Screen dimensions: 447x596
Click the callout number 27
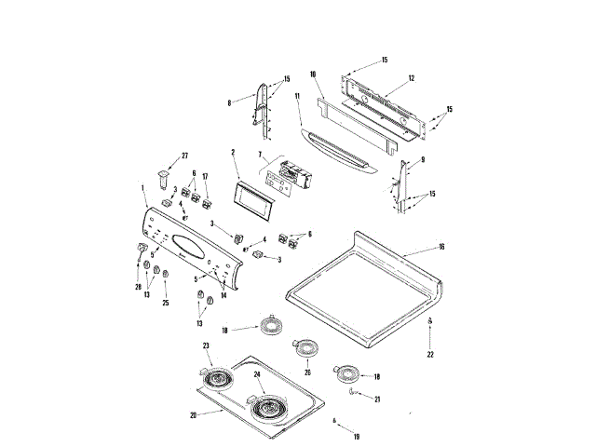pos(184,155)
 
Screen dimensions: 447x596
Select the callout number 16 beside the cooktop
pos(441,249)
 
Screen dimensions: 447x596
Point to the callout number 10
pos(313,74)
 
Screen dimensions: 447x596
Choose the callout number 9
pos(423,159)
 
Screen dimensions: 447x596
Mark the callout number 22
pos(430,355)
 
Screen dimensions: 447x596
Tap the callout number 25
pos(166,304)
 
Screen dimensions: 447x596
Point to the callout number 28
pos(138,289)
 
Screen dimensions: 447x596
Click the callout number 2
pos(233,152)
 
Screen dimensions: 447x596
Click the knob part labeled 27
pos(165,173)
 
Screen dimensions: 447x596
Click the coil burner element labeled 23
pos(216,378)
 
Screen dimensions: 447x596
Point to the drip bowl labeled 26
pos(305,348)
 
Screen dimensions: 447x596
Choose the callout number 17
pos(206,175)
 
